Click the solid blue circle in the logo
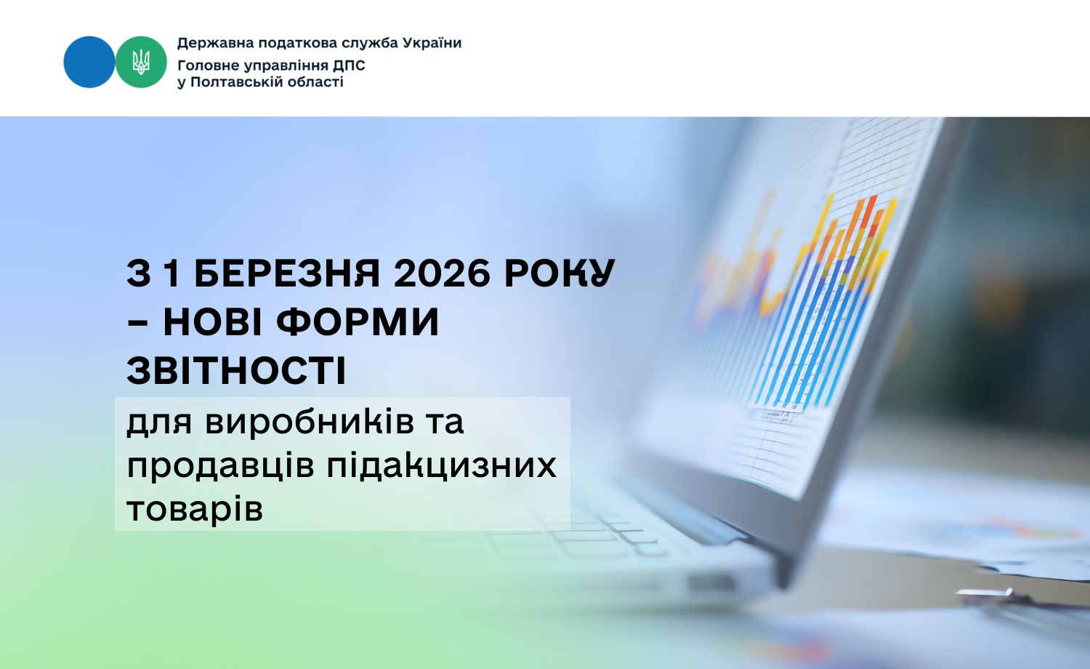point(89,62)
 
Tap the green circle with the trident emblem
point(141,62)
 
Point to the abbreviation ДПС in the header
point(350,65)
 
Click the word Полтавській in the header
point(241,82)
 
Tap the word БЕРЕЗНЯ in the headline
point(288,273)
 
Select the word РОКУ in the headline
point(559,273)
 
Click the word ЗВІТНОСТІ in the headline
point(236,370)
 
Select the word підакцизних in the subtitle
point(441,465)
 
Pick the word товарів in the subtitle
point(194,508)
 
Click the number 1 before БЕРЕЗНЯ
point(170,273)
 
